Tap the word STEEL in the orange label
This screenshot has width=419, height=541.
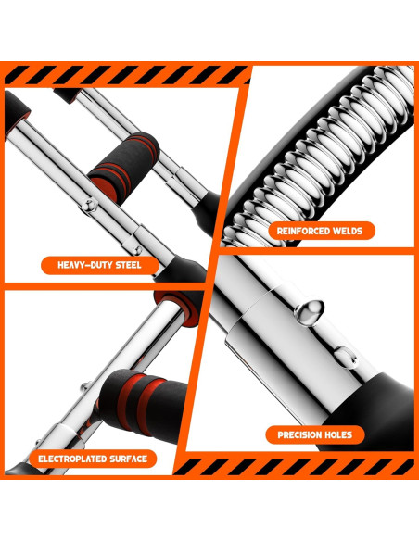click(x=121, y=265)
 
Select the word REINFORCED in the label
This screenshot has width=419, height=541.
click(x=303, y=230)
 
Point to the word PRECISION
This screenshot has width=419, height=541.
click(x=302, y=434)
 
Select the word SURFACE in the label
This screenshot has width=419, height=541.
click(x=128, y=459)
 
